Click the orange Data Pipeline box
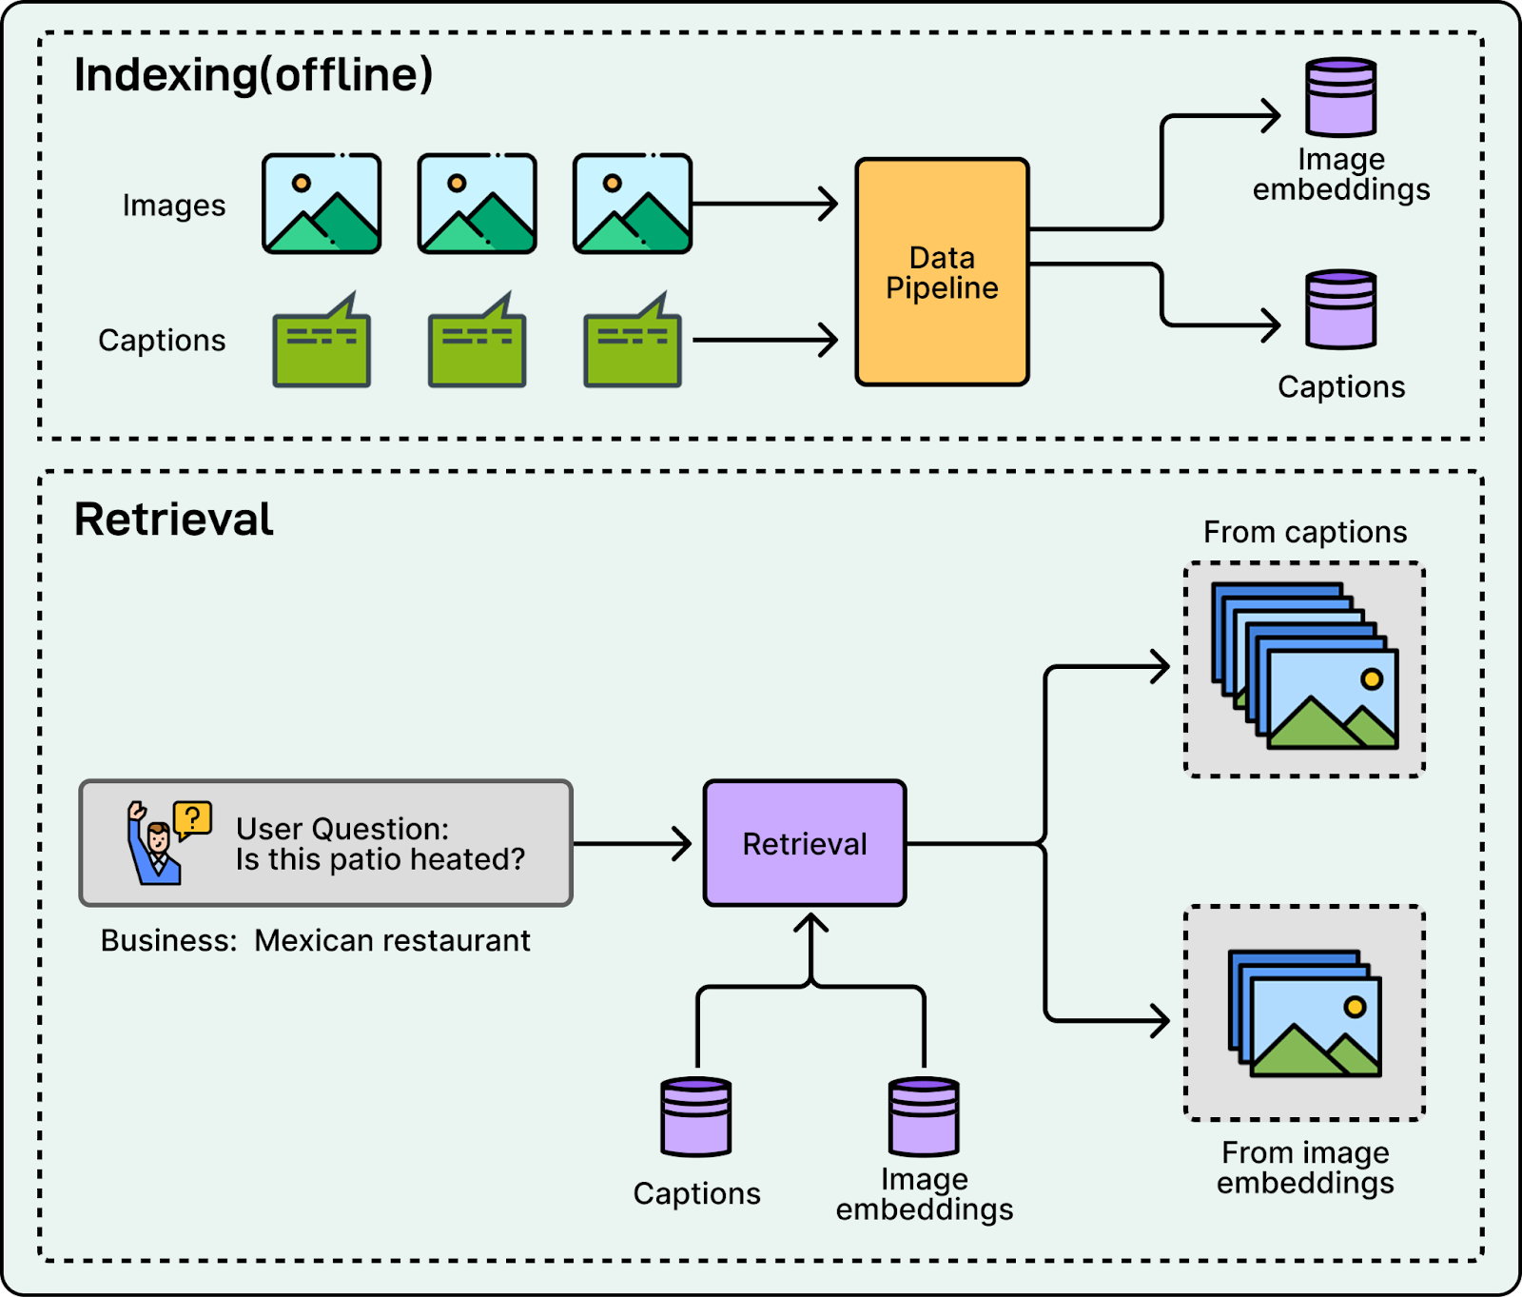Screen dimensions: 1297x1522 (942, 272)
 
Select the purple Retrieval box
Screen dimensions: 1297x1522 (805, 843)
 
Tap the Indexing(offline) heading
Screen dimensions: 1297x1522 (253, 75)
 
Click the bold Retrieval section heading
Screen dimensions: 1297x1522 (174, 520)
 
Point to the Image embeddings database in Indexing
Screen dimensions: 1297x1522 (1341, 97)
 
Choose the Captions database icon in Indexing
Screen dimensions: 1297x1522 (1341, 309)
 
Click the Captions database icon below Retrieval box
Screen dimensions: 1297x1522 (696, 1116)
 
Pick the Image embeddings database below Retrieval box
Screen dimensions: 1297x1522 (924, 1116)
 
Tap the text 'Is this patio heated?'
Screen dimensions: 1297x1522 (380, 859)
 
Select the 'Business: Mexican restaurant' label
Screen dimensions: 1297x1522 (315, 940)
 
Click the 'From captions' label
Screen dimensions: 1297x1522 (1305, 532)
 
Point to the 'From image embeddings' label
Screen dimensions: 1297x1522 (1305, 1168)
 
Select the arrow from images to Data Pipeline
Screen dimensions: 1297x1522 (765, 204)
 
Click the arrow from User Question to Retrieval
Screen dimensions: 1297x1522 (634, 843)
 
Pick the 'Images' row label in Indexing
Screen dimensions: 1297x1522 (174, 206)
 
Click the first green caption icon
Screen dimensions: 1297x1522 (322, 343)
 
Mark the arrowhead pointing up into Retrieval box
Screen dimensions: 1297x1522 (810, 922)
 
